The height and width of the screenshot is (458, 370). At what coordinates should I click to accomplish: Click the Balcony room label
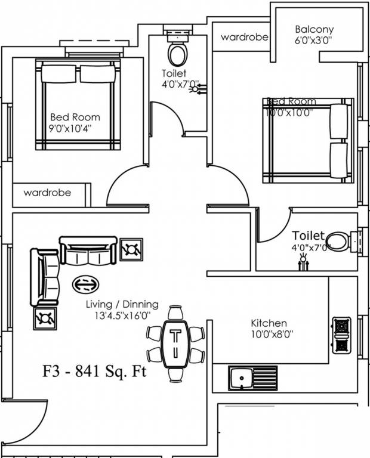[314, 29]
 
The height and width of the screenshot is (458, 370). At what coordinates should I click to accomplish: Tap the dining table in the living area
[175, 343]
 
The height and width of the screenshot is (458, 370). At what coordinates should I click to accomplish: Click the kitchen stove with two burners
[341, 336]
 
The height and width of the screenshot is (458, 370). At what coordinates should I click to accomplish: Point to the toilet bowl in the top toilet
[176, 53]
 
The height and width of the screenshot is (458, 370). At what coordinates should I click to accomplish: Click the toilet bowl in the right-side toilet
[337, 242]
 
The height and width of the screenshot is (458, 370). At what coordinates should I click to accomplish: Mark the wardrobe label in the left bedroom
[47, 193]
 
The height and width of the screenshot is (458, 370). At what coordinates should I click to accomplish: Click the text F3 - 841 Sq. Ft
[94, 372]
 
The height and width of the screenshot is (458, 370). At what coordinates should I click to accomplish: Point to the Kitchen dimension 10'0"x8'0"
[269, 334]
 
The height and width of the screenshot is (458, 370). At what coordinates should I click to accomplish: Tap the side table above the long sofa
[131, 249]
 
